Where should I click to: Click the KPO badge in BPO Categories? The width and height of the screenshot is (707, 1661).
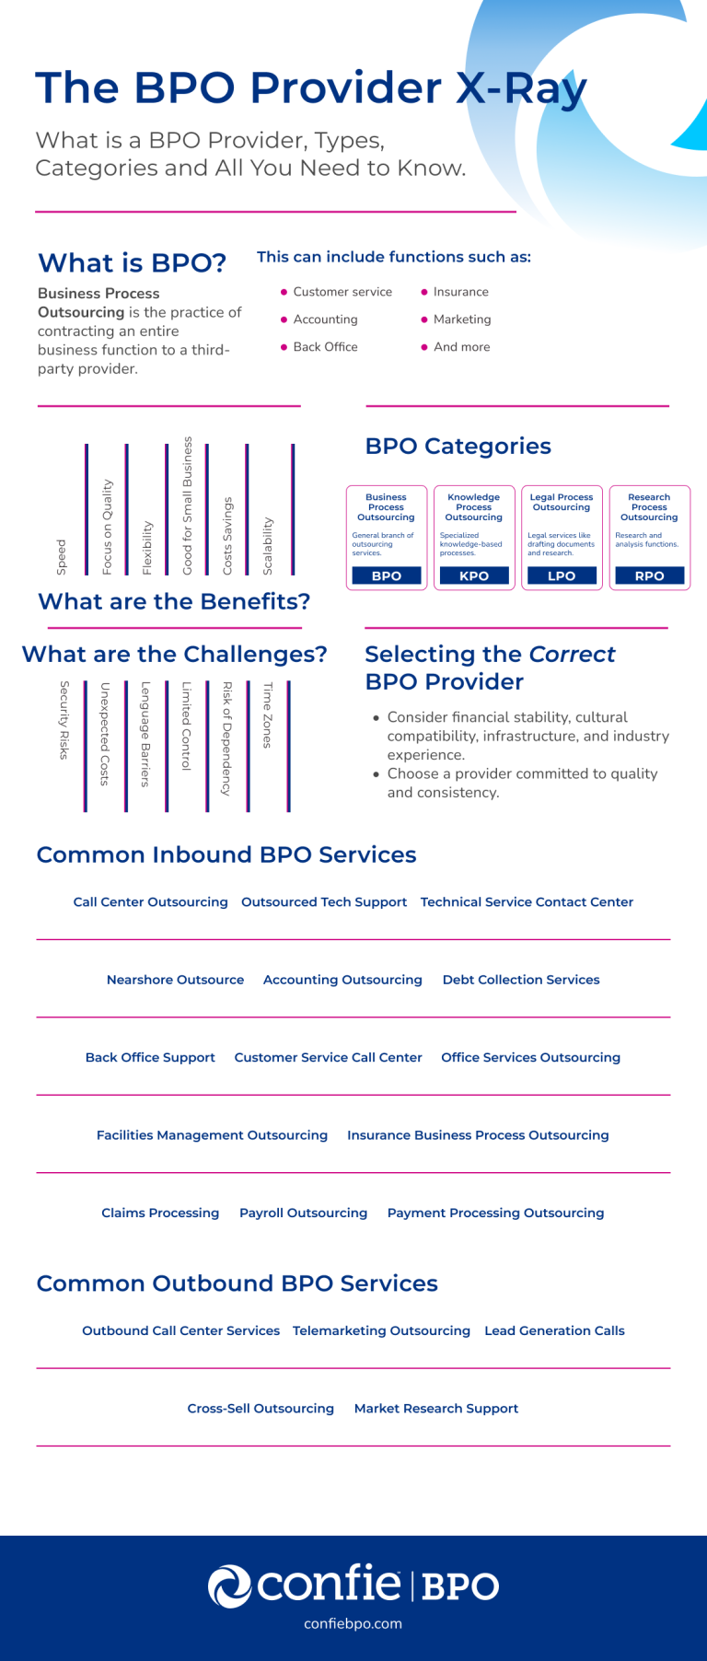coord(474,575)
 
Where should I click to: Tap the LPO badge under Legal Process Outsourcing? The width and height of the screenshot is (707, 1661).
coord(562,575)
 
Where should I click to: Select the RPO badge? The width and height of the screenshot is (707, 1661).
coord(649,575)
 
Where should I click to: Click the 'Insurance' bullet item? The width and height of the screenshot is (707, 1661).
coord(460,292)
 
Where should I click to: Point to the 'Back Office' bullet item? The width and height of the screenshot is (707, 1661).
coord(325,347)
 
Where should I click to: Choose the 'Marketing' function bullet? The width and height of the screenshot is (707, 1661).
coord(462,319)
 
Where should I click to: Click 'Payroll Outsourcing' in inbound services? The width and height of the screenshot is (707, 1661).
coord(303,1213)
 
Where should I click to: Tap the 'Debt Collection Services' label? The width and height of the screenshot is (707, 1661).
coord(521,980)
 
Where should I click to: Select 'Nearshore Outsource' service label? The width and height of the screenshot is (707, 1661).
coord(175,980)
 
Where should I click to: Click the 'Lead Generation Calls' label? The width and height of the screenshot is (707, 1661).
coord(554,1330)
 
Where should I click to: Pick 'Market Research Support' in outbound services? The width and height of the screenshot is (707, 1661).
coord(436,1408)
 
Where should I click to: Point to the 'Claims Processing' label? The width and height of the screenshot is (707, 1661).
coord(160,1213)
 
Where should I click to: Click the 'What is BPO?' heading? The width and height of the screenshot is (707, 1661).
coord(132,263)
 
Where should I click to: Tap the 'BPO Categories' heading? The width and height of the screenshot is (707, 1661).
coord(458,446)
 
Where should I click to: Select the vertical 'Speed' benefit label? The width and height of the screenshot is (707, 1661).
coord(62,557)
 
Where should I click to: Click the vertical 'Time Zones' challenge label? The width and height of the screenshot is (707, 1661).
coord(268,714)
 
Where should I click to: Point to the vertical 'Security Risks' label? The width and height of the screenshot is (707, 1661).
coord(64,720)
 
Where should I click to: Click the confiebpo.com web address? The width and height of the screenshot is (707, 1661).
coord(353,1623)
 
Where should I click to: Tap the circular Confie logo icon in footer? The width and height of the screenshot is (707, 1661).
coord(229,1586)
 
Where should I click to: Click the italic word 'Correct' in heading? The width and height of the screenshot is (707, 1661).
coord(572,654)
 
